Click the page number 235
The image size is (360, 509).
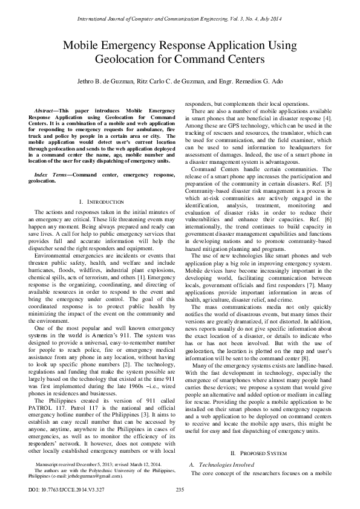point(179,489)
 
